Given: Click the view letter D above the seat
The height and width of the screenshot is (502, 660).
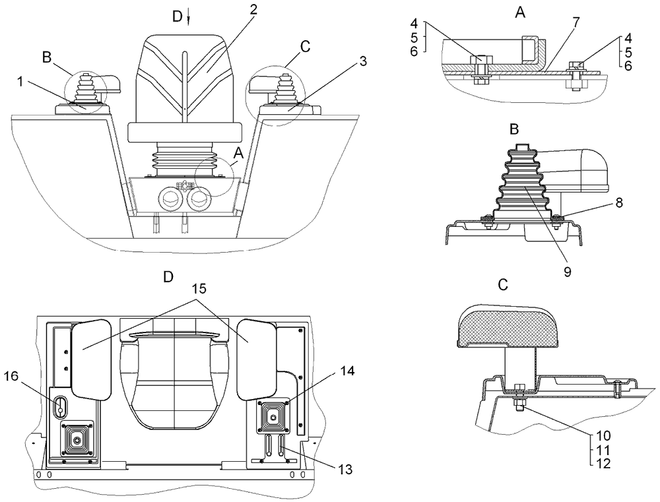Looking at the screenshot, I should click(x=177, y=17).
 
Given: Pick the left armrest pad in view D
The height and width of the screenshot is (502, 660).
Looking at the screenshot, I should click(x=90, y=358).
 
